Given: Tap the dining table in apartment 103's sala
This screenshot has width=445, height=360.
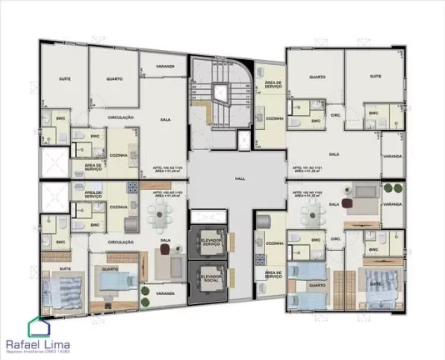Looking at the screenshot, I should pos(158,219).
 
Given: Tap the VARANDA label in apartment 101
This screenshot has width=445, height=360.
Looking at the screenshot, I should pos(392,156).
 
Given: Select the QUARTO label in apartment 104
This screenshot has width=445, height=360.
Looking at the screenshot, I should pos(114,80).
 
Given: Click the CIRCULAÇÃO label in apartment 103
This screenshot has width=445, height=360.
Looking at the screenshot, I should pos(122,242).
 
